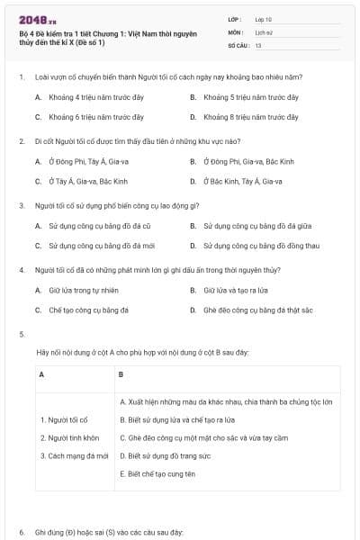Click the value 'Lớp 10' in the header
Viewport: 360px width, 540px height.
tap(264, 19)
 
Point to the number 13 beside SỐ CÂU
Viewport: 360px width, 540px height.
tap(258, 44)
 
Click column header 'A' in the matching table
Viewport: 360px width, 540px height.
tap(42, 373)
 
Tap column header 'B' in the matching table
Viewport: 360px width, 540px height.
tap(121, 373)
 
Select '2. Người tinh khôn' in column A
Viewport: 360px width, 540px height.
tap(69, 438)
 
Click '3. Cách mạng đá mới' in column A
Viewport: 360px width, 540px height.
tap(74, 456)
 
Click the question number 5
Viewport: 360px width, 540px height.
tap(21, 335)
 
